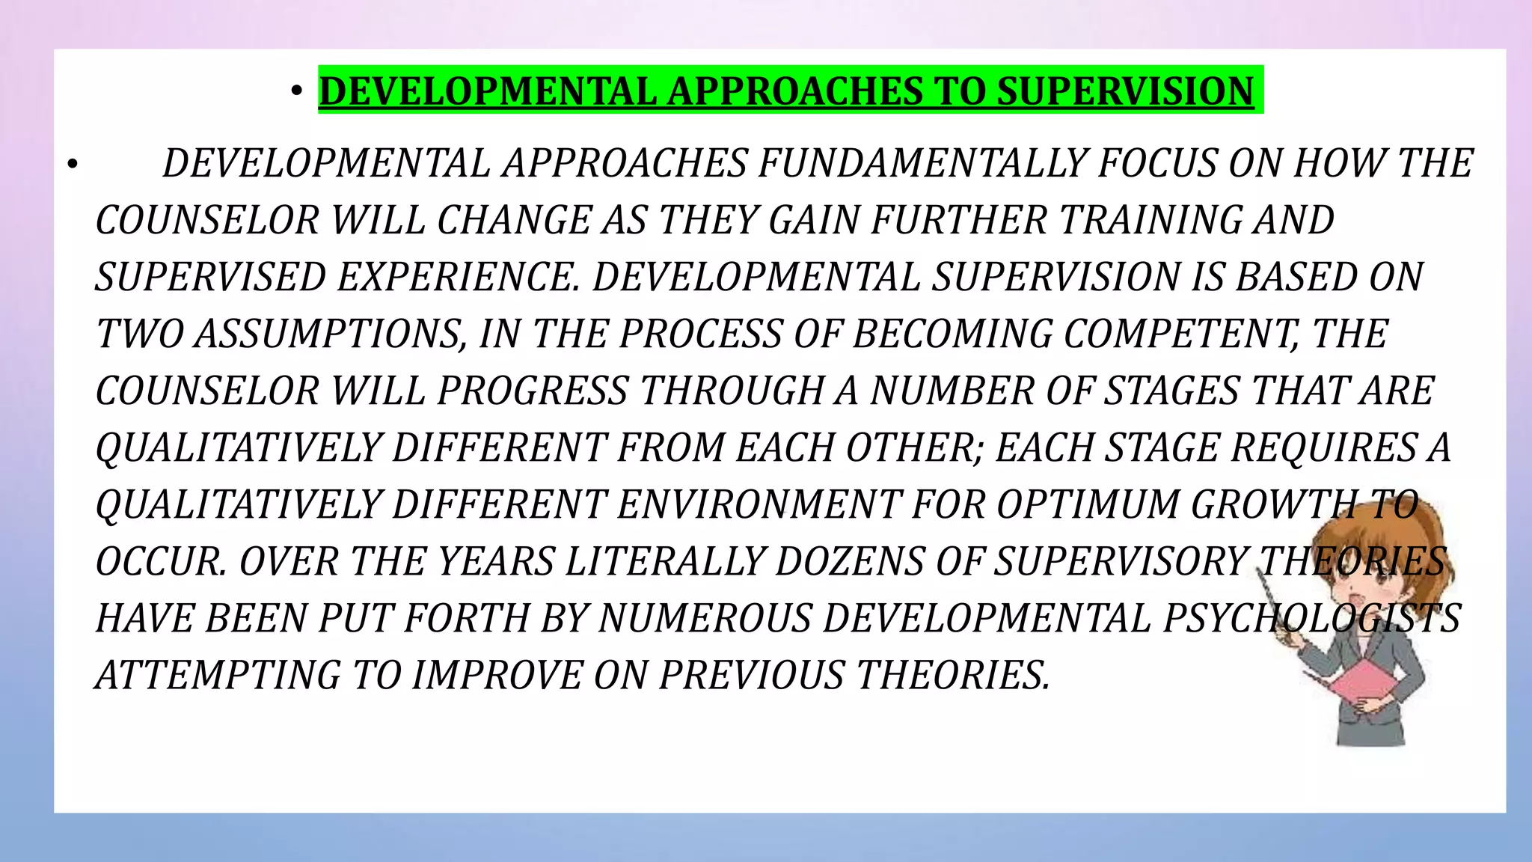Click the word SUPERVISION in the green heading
point(1125,91)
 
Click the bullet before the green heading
point(297,91)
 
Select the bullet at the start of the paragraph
point(72,164)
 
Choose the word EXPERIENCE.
point(459,278)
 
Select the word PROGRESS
point(533,391)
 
